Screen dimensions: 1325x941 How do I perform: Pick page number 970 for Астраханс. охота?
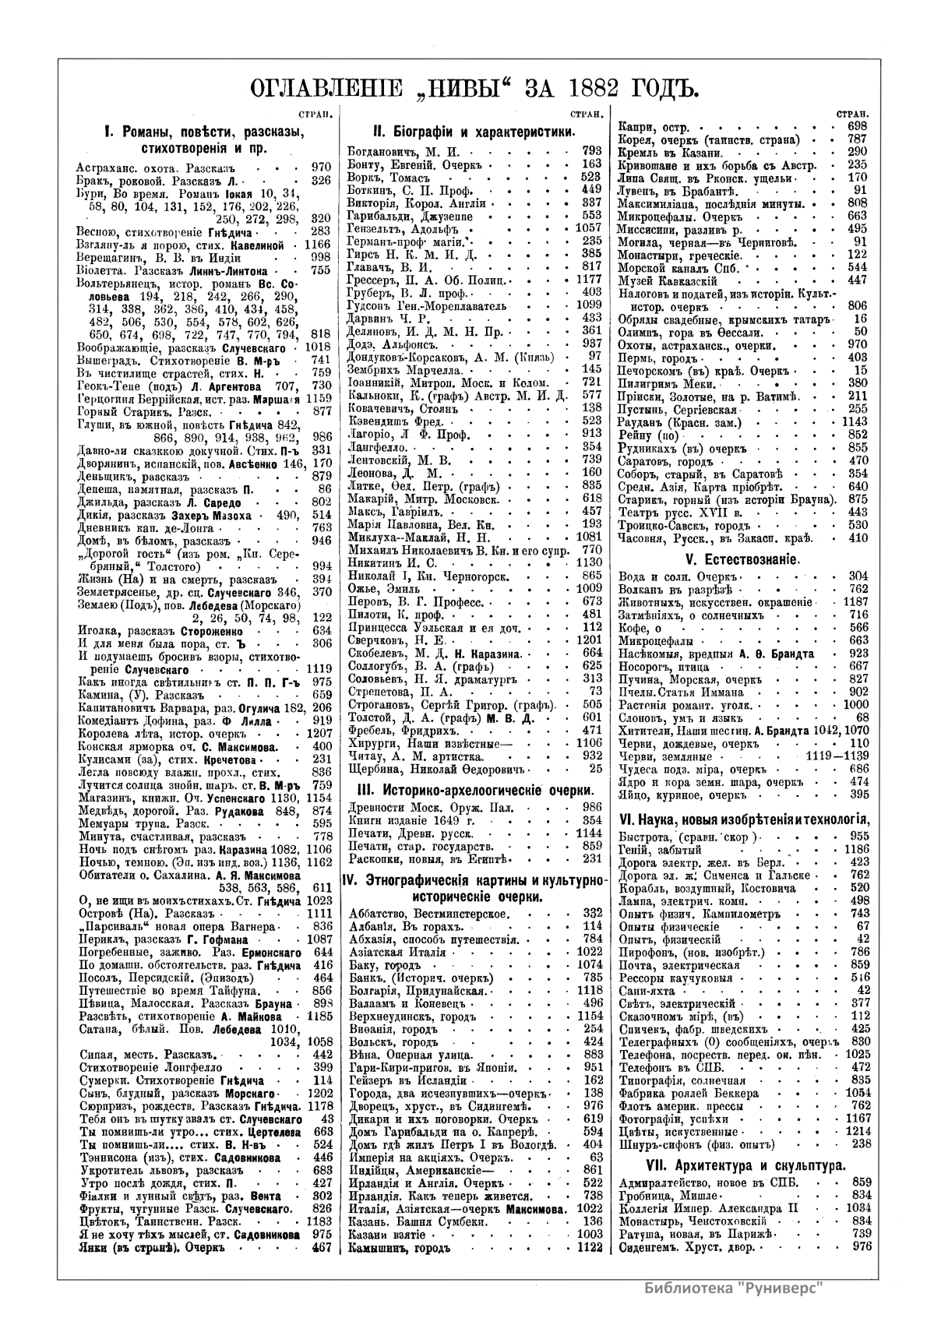(x=320, y=166)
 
